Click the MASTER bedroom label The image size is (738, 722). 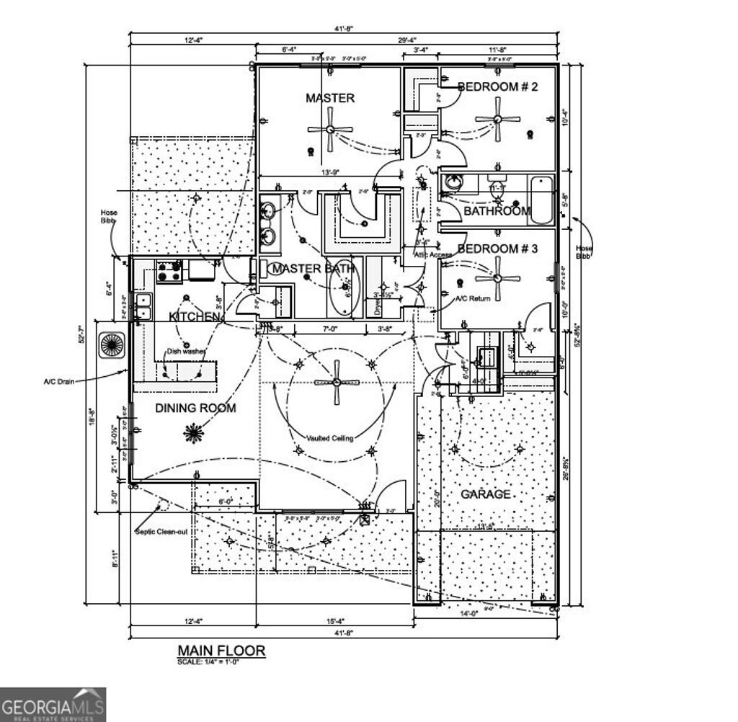330,98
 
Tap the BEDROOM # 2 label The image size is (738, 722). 498,87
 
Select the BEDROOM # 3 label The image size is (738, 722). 498,249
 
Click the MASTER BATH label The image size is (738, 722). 312,269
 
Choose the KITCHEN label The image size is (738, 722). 194,317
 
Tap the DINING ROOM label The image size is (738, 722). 195,408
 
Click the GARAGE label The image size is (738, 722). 486,494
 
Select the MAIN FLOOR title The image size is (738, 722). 221,651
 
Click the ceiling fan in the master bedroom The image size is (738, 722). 330,130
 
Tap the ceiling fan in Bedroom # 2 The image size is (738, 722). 498,120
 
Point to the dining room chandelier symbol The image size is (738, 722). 192,433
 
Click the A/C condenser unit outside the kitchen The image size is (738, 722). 113,344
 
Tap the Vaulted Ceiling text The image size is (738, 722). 329,438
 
